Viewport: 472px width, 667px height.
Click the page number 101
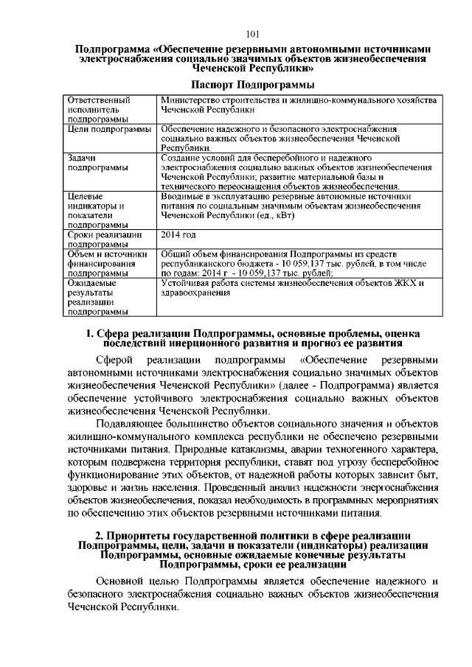(251, 34)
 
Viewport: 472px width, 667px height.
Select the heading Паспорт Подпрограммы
(252, 86)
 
